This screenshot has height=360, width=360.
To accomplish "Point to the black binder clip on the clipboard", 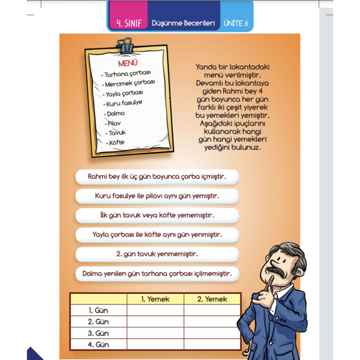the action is [x=125, y=46].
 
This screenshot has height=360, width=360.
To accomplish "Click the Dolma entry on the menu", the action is [x=115, y=113].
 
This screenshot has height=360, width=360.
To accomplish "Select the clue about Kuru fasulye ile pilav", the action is [x=156, y=196].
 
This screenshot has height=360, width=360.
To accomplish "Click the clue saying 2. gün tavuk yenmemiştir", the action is [x=156, y=254].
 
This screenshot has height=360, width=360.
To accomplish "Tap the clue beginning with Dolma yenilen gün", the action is [x=156, y=273].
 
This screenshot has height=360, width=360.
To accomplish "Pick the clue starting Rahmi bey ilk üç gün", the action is [x=156, y=176].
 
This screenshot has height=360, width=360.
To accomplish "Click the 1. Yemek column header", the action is [x=156, y=299].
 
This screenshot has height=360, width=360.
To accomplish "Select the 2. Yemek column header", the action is [x=212, y=299].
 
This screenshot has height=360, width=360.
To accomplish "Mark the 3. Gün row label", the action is [x=98, y=333].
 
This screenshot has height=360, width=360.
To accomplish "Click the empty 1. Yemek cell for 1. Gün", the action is [x=156, y=310].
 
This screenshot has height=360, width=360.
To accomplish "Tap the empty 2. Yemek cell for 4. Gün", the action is [x=212, y=344].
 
